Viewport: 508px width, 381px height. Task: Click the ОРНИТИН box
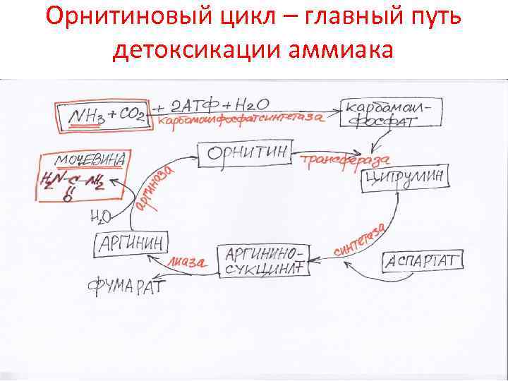tap(244, 154)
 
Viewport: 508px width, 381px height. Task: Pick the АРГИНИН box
tap(132, 244)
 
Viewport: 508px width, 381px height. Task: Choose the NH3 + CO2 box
tap(102, 115)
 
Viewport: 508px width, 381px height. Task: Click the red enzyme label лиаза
tap(187, 262)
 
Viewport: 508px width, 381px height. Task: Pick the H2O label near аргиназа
tap(99, 214)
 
